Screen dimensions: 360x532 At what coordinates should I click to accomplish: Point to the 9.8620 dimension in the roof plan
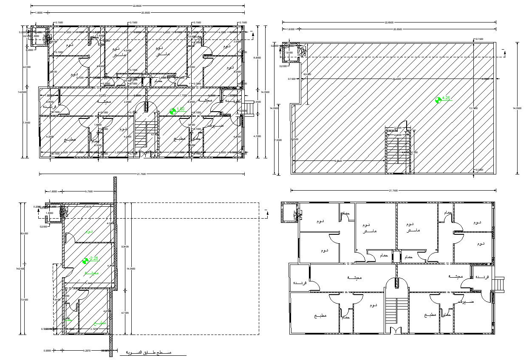coord(339,161)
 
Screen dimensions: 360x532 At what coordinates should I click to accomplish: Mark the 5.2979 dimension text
coord(87,351)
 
